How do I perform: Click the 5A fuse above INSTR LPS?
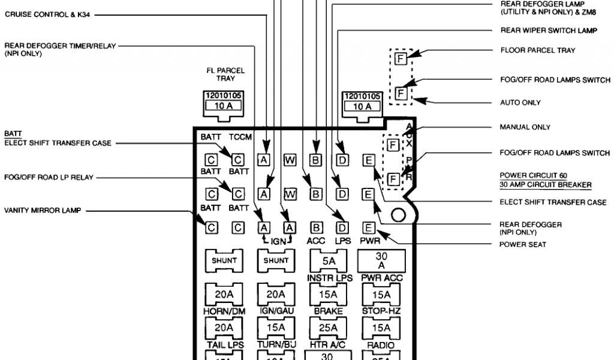point(328,261)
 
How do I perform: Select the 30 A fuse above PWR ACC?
point(381,260)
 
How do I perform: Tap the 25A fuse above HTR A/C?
point(328,328)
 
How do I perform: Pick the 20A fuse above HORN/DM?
point(224,295)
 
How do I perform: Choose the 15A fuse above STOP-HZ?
point(381,295)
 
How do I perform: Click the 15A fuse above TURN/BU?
point(276,328)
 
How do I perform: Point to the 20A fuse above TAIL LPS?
point(224,328)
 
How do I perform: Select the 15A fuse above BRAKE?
point(328,295)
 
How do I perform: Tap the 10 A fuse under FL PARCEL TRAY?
point(224,106)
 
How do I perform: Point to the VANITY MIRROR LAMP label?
point(42,211)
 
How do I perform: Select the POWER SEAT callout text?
point(522,244)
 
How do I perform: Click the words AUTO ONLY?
point(520,103)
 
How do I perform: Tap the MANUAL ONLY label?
point(525,127)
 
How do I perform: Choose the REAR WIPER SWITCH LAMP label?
point(548,31)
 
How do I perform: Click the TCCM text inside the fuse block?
point(240,137)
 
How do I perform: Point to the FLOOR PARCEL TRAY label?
point(537,50)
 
